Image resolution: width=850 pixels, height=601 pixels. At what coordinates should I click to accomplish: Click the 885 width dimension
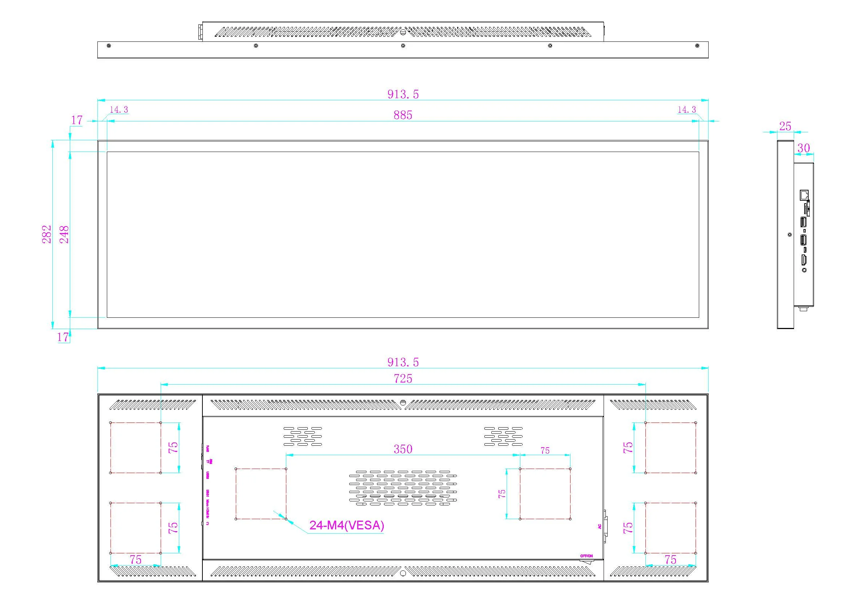coord(403,115)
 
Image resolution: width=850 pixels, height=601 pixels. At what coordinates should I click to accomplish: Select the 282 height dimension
coord(47,234)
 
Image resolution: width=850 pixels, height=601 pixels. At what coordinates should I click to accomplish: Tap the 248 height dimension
coord(64,234)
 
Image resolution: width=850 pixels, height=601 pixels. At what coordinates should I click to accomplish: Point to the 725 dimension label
coord(403,378)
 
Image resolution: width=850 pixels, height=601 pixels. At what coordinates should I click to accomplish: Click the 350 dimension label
coord(403,449)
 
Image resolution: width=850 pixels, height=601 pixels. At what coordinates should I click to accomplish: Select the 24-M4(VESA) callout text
coord(347,525)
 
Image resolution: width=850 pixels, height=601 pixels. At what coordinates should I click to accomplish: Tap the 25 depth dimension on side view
coord(785,127)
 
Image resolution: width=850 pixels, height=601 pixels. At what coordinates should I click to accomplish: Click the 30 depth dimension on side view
coord(803,148)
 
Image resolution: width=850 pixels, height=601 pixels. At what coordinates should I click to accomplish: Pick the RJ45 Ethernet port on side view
coord(804,195)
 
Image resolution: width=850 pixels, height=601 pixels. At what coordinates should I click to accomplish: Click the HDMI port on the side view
coord(804,260)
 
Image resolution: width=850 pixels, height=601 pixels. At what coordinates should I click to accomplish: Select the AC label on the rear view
coord(600,526)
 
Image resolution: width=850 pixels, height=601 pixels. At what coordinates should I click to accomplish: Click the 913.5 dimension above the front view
coord(403,95)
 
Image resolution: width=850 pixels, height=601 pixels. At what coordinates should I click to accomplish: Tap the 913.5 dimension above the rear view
coord(403,362)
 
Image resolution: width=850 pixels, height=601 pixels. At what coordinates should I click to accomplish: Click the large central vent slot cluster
coord(403,488)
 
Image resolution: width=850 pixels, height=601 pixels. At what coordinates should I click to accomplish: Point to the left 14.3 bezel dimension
coord(119,109)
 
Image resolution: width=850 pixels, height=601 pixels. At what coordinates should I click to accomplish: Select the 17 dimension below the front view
coord(63,337)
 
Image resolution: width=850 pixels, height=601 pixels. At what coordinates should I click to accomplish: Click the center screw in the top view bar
coord(403,46)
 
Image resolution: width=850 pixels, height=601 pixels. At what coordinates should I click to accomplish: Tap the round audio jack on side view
coord(804,270)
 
